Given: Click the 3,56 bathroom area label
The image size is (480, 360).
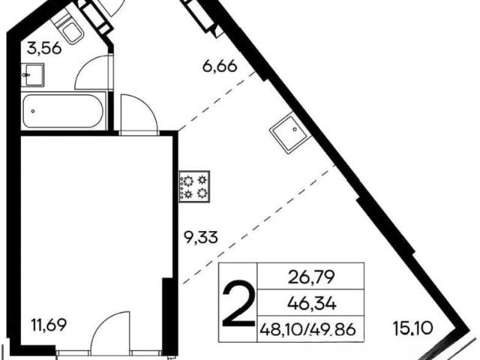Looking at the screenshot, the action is tap(44, 48).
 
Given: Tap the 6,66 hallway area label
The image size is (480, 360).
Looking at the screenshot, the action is tap(220, 66).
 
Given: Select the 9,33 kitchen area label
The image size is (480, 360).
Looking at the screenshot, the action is tap(200, 237).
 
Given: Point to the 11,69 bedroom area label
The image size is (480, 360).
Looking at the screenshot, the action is tap(49, 325).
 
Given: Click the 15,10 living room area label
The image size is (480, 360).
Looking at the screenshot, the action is tap(413, 328).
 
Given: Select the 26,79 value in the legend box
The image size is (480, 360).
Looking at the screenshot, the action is tap(311, 277).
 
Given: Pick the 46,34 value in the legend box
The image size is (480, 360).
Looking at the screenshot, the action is tap(312, 304).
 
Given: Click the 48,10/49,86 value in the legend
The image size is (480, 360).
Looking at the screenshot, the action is tap(307, 330).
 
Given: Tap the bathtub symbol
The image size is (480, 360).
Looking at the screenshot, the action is tap(63, 111).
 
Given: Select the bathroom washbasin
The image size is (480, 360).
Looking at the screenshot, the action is tap(33, 75).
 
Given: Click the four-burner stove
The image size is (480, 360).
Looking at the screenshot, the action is tap(194, 187).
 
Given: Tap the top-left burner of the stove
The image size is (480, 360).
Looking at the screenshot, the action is tap(187, 181).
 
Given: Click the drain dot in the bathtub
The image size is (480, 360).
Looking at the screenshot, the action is tap(33, 111).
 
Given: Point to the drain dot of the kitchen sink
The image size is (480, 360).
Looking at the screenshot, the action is tap(295, 130).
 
